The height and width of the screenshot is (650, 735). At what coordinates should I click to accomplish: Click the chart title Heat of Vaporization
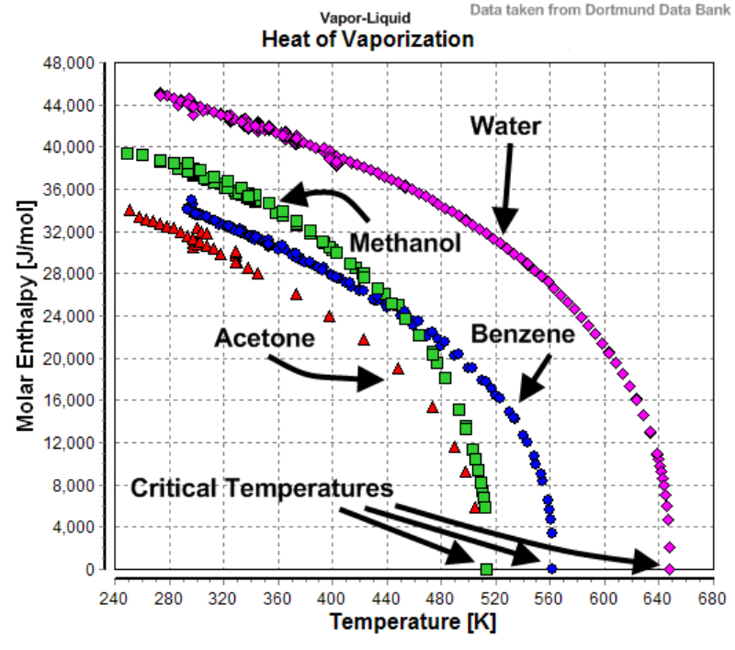point(367,40)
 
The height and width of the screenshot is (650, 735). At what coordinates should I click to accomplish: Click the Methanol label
point(405,244)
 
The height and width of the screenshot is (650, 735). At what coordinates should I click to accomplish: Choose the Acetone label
point(265,337)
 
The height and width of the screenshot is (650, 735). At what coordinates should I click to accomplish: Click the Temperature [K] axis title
point(413,622)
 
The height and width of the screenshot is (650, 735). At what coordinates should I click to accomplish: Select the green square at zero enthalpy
point(486,570)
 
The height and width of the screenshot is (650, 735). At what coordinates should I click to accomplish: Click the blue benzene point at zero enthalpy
point(552,569)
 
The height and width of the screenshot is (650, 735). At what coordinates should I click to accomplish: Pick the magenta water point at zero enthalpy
point(670,570)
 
